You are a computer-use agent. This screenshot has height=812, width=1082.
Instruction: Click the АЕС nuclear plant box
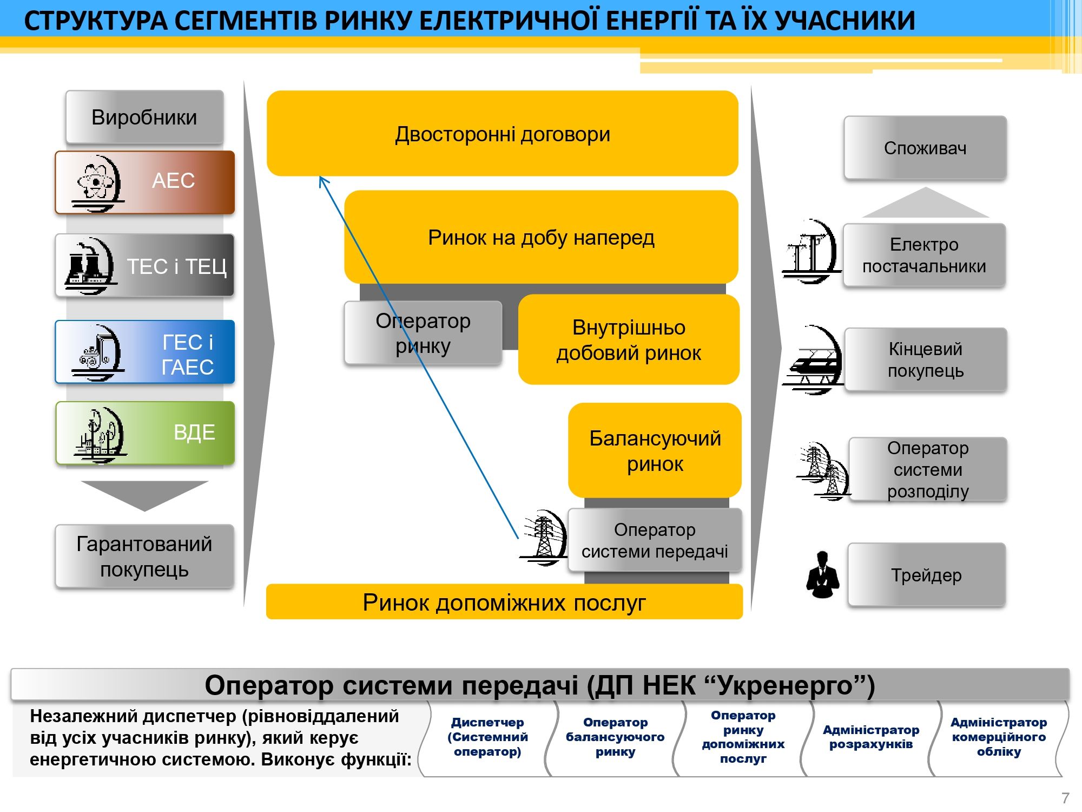tap(144, 182)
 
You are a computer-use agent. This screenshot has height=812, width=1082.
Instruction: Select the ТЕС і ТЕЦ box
tap(144, 265)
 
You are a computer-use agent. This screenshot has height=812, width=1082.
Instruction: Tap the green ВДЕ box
tap(145, 433)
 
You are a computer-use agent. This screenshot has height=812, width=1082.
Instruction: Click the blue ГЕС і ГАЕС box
tap(144, 352)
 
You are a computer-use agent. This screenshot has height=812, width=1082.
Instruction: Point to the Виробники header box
tap(144, 117)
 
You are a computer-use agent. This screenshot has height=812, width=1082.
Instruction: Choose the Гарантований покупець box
tap(144, 556)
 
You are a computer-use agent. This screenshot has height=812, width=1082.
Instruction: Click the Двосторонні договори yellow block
tap(503, 133)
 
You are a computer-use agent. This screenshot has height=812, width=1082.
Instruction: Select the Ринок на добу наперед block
tap(541, 237)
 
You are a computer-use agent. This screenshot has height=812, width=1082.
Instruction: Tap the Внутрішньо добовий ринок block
tap(629, 339)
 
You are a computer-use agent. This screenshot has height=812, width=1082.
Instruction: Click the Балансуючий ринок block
tap(655, 450)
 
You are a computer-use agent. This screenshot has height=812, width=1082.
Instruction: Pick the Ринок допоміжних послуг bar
tap(504, 601)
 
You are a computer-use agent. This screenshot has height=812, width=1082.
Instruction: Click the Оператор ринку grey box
tap(423, 333)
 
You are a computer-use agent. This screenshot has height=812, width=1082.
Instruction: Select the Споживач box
tap(925, 148)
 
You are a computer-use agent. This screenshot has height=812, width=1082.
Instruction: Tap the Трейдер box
tap(926, 575)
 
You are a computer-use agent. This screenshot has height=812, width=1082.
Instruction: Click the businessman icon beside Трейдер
tap(822, 575)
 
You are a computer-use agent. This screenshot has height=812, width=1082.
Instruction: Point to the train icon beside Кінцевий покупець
tap(813, 360)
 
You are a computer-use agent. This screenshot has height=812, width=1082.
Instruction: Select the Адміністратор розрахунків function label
tap(871, 737)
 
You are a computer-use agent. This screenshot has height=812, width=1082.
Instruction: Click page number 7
tap(1065, 798)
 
